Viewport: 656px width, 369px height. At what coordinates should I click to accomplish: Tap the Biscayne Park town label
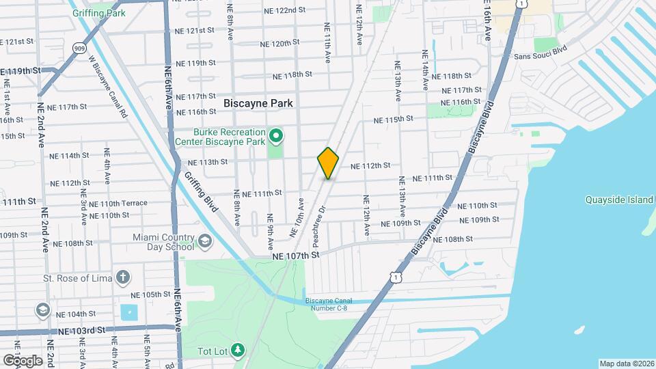tap(258, 103)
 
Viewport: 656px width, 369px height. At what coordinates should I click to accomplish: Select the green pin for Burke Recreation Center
tap(277, 137)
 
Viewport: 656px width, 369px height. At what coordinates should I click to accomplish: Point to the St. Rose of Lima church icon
tap(122, 277)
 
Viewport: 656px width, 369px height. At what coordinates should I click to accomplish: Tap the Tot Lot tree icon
tap(238, 351)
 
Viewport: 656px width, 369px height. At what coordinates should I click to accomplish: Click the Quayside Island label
tap(619, 200)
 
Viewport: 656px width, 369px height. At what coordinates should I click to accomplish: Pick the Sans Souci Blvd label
tap(541, 57)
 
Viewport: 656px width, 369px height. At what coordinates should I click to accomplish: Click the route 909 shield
tap(81, 48)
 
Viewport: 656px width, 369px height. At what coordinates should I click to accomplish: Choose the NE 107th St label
tap(296, 256)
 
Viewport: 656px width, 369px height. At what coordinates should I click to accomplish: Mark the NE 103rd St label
tap(82, 330)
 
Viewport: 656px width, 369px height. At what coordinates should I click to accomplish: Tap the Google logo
tap(23, 361)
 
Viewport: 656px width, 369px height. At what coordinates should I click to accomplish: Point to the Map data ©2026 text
tap(626, 364)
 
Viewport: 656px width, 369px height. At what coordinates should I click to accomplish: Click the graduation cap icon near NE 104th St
tap(42, 310)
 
